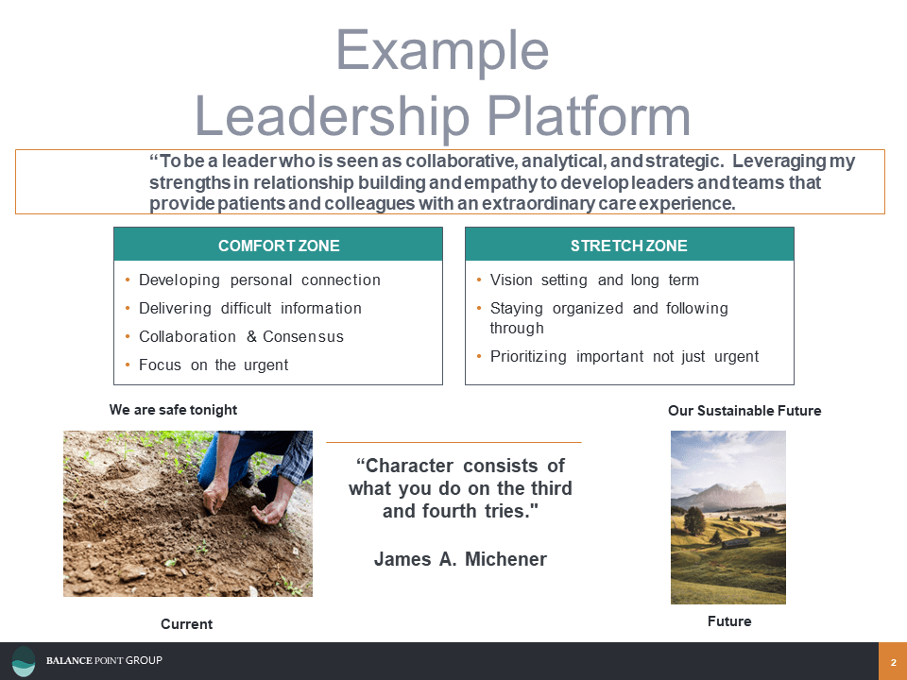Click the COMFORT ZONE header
pos(279,246)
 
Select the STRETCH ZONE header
pos(628,246)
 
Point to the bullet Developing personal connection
pos(259,280)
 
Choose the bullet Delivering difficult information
pos(249,309)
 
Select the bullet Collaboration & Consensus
pos(241,337)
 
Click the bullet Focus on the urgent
pos(214,365)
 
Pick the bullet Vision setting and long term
pos(594,280)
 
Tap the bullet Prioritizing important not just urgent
pos(625,357)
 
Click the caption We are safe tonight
pos(173,410)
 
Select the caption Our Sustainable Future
pos(744,411)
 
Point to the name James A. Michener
pos(460,559)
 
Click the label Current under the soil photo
pos(186,624)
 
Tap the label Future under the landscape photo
pos(729,621)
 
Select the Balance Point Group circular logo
pos(24,661)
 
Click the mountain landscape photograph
pos(727,518)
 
